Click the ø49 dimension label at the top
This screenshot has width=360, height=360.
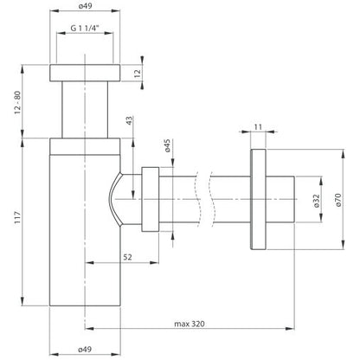coord(85,6)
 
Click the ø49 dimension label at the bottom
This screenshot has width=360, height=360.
coord(85,349)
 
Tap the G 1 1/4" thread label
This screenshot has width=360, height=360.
coord(85,28)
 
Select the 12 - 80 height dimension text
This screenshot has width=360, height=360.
coord(18,102)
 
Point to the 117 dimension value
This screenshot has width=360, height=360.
coord(18,217)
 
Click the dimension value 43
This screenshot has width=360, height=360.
coord(130,120)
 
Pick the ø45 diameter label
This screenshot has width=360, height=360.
coord(168,145)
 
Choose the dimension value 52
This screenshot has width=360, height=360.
coord(127,257)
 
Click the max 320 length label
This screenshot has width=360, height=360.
coord(190,324)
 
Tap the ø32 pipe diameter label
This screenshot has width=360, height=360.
coord(317,201)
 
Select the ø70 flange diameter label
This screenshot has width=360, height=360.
coord(338,200)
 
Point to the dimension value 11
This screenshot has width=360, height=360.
coord(258,127)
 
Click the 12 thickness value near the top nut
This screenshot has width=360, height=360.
coord(138,73)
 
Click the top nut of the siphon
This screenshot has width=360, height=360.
coord(85,73)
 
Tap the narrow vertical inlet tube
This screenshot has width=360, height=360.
coord(85,110)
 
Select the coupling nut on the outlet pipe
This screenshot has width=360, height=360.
coord(151,199)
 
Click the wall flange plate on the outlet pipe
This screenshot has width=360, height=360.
coord(258,199)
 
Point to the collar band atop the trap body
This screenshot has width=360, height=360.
coord(85,146)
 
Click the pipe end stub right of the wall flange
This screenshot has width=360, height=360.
coord(280,199)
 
